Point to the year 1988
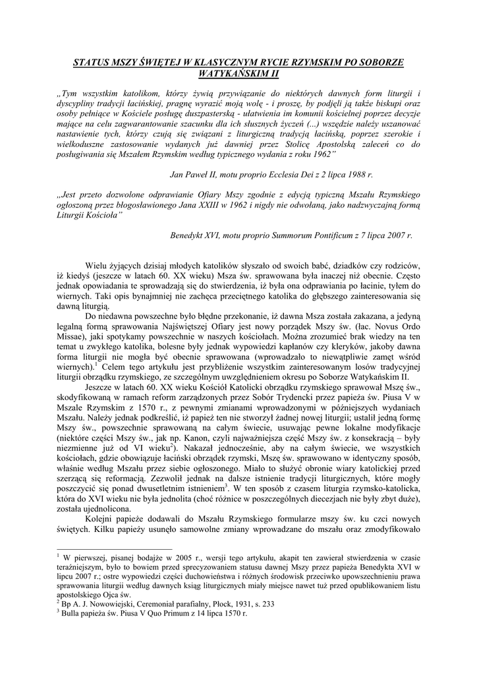[356, 175]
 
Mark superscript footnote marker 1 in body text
[96, 364]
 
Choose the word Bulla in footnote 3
[72, 613]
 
